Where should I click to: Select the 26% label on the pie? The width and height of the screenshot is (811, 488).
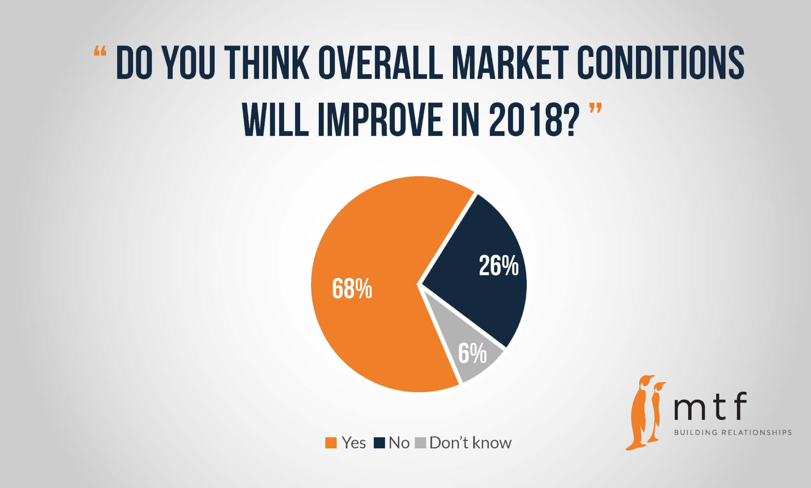pos(499,265)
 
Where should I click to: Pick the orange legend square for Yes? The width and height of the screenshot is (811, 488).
pos(331,443)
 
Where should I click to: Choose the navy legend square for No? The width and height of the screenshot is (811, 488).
pos(379,443)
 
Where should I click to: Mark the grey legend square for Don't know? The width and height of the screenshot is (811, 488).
pos(420,443)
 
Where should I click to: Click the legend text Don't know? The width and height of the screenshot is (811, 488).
pos(470,442)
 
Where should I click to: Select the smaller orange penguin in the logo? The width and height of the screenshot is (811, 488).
pos(657,412)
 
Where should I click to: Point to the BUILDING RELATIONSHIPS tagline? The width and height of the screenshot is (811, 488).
pos(733,433)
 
